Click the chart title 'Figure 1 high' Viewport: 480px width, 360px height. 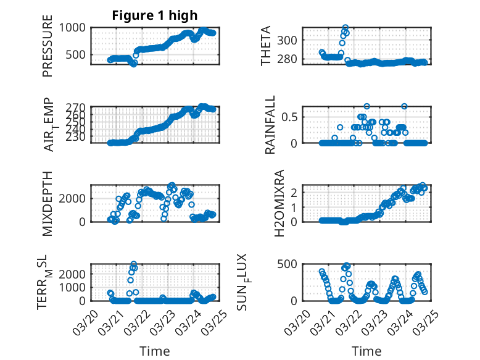point(154,15)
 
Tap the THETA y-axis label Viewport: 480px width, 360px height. point(266,46)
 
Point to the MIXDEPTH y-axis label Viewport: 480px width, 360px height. point(48,203)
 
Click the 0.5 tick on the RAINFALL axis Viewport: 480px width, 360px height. point(291,117)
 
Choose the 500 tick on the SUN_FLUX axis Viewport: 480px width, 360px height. point(291,264)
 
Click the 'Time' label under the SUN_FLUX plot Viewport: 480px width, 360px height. point(366,351)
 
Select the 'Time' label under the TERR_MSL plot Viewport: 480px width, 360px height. point(154,351)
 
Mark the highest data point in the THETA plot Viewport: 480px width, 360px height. point(346,28)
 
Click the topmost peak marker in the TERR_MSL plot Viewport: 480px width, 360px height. point(134,264)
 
